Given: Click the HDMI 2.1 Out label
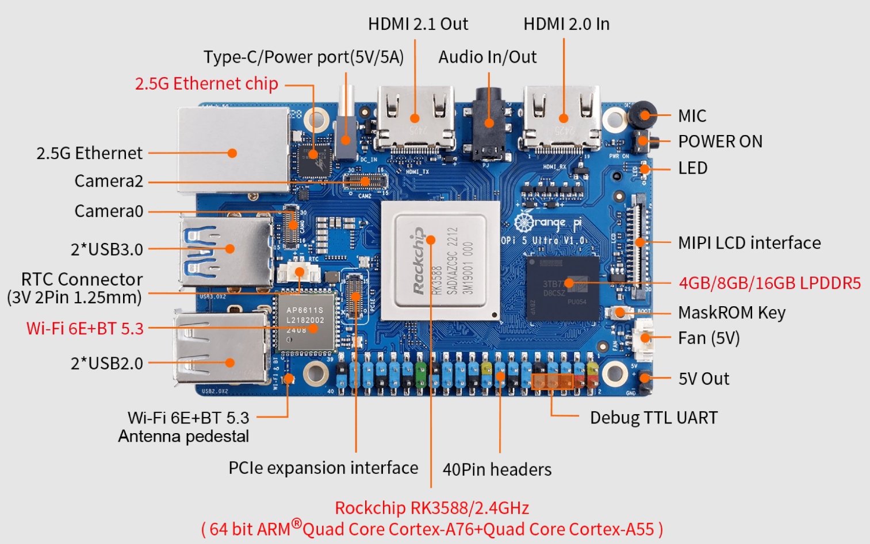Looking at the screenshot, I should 418,24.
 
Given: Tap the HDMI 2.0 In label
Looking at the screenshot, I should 566,24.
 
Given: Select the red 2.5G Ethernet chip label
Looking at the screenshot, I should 206,84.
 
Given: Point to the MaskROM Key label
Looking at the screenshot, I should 731,313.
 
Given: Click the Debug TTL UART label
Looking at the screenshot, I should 654,418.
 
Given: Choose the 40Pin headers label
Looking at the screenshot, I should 497,470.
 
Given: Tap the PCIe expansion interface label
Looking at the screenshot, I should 323,468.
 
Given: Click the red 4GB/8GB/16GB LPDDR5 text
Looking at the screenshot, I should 769,283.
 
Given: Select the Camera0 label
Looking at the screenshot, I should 109,211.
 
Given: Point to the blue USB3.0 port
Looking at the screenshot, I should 226,250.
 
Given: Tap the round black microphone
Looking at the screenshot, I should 642,114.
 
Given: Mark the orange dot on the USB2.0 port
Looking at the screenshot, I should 230,362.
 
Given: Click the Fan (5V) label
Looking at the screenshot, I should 708,338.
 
